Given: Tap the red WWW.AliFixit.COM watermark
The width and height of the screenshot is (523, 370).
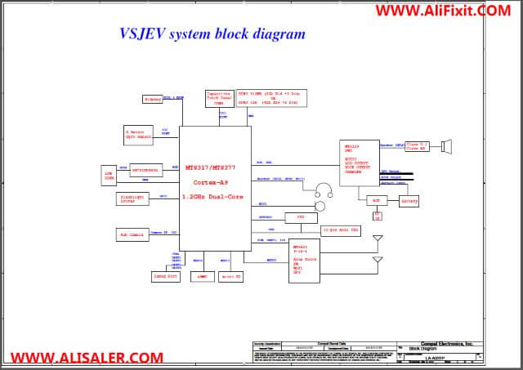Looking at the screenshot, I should point(443,11).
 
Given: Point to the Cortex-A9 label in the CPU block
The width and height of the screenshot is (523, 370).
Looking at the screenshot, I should point(204,185).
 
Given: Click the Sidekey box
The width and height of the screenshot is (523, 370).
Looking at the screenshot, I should point(153,99).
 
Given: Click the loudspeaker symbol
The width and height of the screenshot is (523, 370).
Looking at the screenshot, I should point(447,147).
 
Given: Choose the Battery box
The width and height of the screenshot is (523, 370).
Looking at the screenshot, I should point(409,200).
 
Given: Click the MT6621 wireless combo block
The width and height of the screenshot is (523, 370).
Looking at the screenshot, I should point(308,263).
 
